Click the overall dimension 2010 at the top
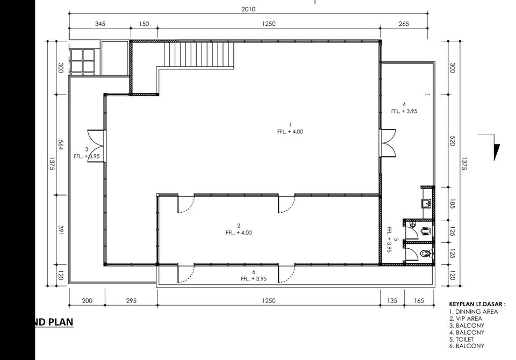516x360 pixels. click(248, 9)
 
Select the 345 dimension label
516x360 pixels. click(100, 24)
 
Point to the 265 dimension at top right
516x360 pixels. click(404, 24)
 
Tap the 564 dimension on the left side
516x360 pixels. click(61, 145)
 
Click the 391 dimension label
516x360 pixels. click(61, 229)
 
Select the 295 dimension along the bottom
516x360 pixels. click(131, 301)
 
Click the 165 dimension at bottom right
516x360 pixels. click(419, 301)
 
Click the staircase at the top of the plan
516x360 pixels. click(199, 54)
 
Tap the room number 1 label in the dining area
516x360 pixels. click(290, 125)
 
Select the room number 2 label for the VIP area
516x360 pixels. click(239, 226)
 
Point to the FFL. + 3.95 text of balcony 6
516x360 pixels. click(254, 279)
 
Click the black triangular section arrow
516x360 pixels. click(497, 152)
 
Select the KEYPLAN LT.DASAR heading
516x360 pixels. click(477, 304)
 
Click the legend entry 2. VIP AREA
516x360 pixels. click(467, 318)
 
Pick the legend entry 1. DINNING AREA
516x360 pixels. click(473, 312)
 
